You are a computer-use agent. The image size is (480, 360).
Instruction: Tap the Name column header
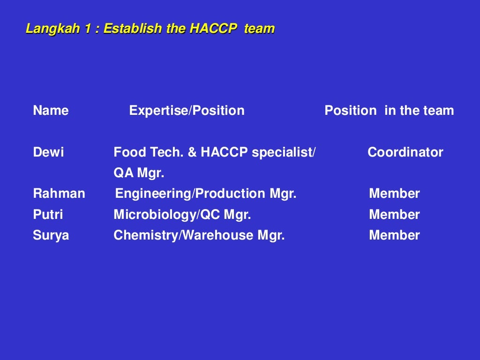point(51,111)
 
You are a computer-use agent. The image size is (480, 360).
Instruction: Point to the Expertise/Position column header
point(187,111)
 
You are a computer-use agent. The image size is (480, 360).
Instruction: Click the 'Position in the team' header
point(389,111)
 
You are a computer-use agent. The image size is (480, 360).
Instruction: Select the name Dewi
point(48,152)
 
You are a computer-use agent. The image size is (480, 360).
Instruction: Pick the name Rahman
point(59,194)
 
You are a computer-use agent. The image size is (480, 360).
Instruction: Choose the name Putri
point(48,215)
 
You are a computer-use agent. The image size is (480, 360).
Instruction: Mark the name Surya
point(51,235)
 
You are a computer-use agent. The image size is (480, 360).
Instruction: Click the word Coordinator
point(405,152)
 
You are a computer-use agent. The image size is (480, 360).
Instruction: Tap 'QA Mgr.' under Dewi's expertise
point(139,173)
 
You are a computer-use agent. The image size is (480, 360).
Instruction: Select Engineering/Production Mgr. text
point(206,194)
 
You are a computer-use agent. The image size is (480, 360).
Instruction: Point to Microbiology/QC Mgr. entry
point(182,215)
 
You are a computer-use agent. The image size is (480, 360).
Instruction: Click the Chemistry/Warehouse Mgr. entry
point(199,235)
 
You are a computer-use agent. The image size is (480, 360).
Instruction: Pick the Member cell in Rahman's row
point(394,194)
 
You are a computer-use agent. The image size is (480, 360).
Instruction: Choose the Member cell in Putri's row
point(394,215)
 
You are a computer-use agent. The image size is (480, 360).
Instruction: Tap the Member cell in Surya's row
point(394,235)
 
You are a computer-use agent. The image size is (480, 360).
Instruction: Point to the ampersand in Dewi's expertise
point(192,152)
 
